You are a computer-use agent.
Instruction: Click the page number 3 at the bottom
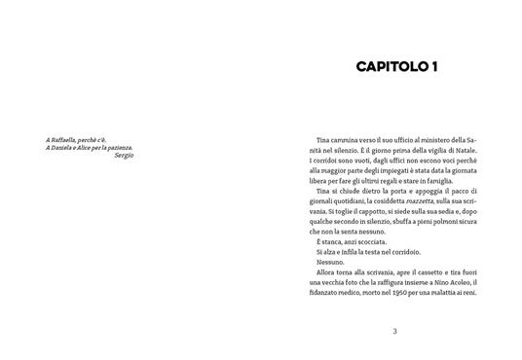point(394,332)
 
